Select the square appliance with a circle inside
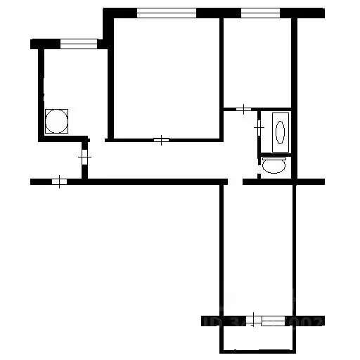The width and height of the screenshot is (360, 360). pyautogui.click(x=57, y=121)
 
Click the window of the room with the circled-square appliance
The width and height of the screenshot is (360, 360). pyautogui.click(x=77, y=44)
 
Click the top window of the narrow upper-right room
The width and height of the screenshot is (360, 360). pyautogui.click(x=259, y=13)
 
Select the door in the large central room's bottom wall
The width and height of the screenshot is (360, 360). pyautogui.click(x=161, y=140)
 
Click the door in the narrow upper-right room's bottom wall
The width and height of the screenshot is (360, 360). pyautogui.click(x=243, y=109)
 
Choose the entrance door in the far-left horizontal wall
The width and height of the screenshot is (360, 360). pyautogui.click(x=59, y=182)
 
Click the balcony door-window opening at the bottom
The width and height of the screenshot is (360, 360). pyautogui.click(x=271, y=321)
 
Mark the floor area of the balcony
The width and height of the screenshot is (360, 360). pyautogui.click(x=257, y=338)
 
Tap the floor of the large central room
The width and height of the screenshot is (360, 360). pyautogui.click(x=166, y=77)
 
